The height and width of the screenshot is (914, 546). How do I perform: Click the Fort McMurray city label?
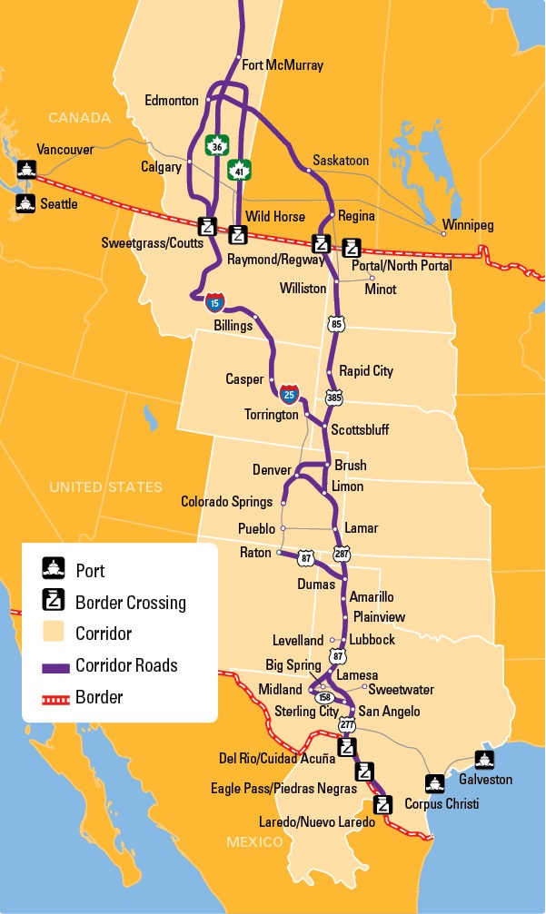coord(283,65)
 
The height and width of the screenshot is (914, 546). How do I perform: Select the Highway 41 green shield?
coord(241,170)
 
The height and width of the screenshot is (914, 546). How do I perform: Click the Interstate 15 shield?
coord(213,301)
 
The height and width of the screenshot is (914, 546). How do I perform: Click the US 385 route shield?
coord(335,398)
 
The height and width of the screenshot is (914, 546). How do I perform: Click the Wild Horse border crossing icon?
coord(237,236)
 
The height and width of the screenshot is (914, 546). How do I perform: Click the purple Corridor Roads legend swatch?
coord(55,666)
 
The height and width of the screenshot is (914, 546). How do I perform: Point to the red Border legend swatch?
coord(55,698)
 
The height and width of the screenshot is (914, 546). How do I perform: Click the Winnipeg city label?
coord(468,225)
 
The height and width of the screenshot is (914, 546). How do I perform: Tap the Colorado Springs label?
coord(226,502)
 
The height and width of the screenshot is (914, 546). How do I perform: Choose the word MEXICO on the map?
coord(255,842)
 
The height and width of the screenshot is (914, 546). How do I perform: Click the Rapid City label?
coord(366,371)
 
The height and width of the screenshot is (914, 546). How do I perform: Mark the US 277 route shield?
coord(346,727)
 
